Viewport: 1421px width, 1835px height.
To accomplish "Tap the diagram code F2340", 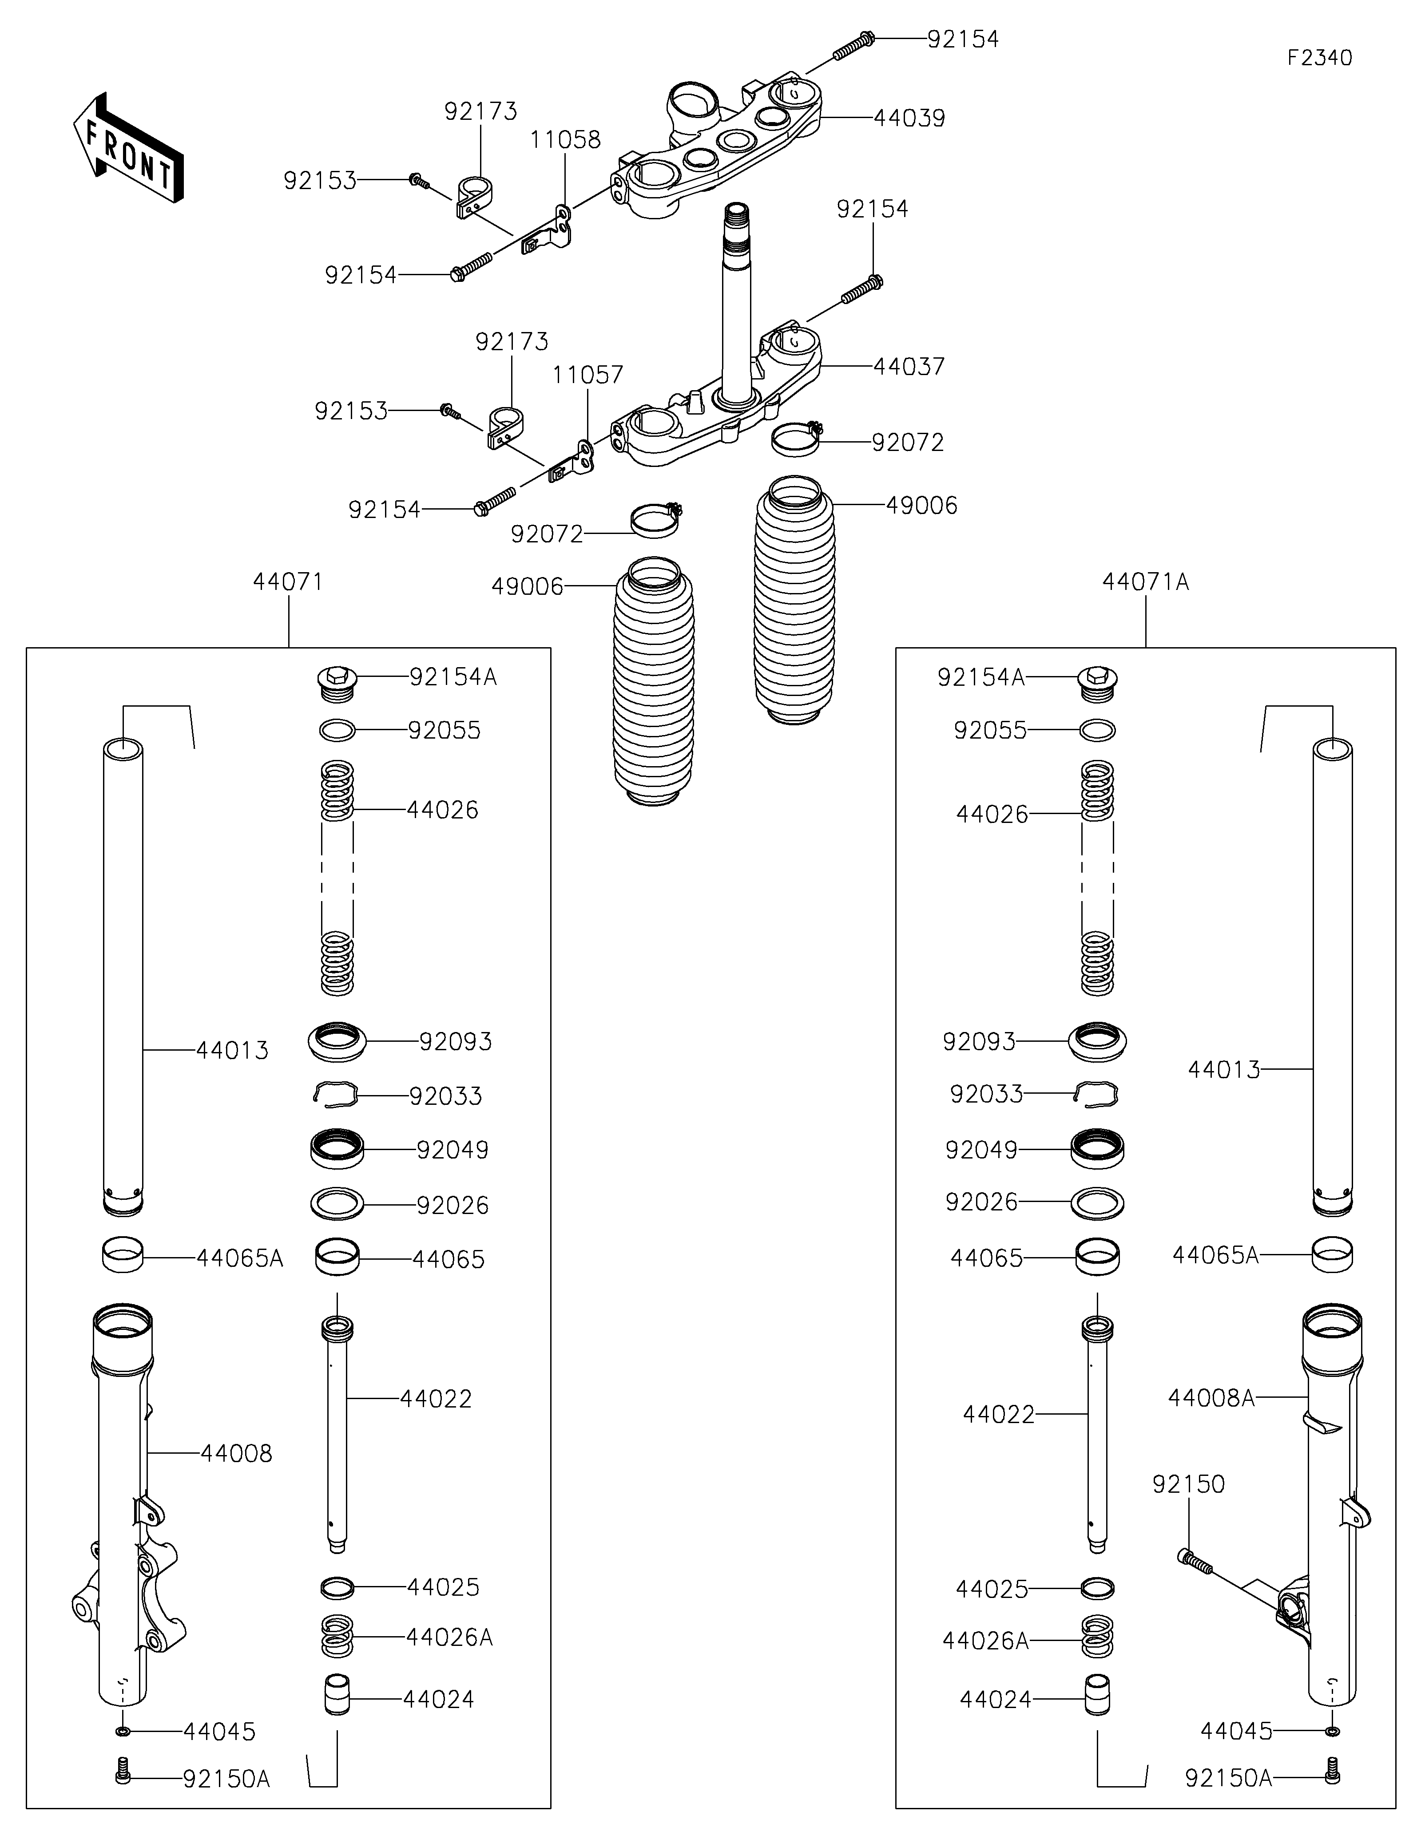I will click(x=1319, y=58).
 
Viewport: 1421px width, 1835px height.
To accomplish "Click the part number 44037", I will click(x=909, y=366).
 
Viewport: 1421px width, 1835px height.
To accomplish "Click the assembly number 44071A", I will click(x=1145, y=581).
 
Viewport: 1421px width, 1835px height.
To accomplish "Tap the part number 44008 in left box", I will click(x=236, y=1454).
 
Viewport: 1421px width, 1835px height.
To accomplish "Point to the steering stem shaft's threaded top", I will click(x=736, y=220).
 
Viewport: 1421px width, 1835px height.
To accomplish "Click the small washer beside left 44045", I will click(x=123, y=1732).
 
